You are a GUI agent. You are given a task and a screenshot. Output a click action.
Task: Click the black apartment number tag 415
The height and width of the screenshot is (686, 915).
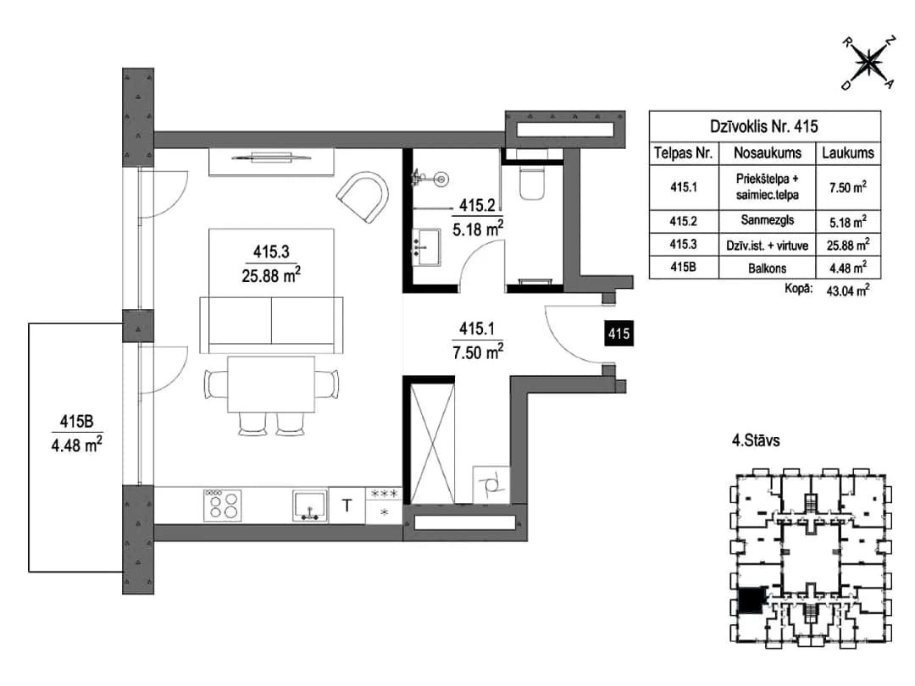coord(618,334)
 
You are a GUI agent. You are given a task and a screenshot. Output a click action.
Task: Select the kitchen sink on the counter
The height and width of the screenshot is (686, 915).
coord(309,505)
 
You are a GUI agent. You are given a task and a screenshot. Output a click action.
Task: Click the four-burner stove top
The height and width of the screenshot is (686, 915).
coord(222,505)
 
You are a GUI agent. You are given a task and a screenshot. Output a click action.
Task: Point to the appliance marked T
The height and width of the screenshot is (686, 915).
coord(347,505)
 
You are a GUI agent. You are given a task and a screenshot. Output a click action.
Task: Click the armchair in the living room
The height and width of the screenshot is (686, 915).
coord(363,196)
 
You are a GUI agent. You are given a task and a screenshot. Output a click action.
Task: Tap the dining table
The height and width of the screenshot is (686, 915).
coord(271,384)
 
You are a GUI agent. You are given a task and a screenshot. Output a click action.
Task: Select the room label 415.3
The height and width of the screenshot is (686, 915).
coord(271,252)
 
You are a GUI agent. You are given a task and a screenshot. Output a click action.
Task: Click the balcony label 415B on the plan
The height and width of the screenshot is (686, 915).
coord(76,421)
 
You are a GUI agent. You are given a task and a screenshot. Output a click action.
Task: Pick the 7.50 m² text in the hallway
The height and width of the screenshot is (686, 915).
coord(478,351)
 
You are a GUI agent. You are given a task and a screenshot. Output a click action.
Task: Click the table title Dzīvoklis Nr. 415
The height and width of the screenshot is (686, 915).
coord(764,126)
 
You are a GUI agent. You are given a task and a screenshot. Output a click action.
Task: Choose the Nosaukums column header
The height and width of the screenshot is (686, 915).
coord(768,152)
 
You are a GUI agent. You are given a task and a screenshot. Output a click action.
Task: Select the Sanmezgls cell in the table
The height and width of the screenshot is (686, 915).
coord(768,220)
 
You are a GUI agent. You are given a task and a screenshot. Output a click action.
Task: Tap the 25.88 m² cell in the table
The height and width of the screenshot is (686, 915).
coord(848,245)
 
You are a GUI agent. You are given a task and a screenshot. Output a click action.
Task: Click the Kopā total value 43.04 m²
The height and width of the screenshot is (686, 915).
coord(848,290)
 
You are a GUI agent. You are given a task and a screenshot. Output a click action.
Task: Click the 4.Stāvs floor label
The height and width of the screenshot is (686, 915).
coord(756,440)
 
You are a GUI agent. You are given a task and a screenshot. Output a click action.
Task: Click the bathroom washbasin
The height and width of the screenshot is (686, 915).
coord(427,247)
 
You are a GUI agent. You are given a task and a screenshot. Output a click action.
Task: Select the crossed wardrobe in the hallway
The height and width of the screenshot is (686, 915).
coord(432,441)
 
